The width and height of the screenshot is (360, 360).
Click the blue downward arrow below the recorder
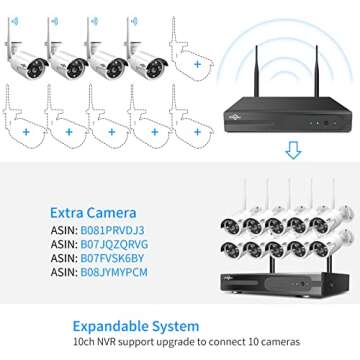(x=293, y=151)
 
